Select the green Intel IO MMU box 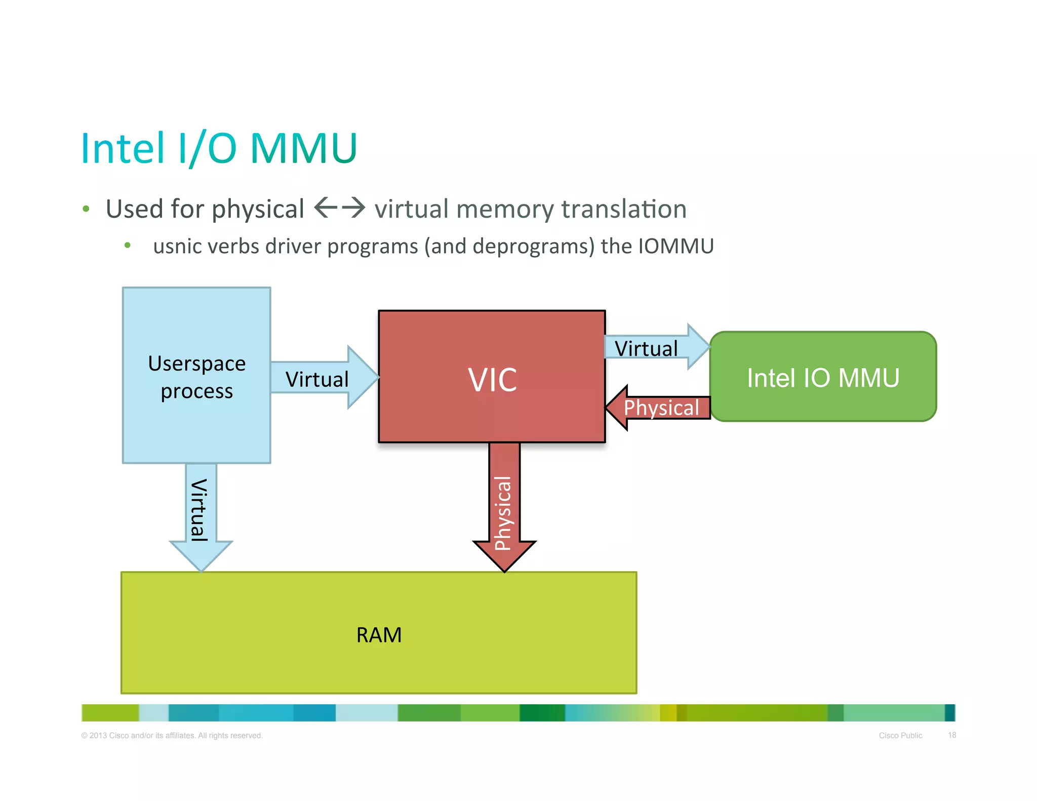823,377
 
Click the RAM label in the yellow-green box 379,635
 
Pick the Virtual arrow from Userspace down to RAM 201,511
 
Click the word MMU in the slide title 304,148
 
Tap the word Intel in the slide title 123,148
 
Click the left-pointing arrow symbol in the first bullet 326,208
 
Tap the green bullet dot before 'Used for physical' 86,209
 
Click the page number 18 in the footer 952,735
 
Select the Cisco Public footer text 900,735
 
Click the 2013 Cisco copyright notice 172,735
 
